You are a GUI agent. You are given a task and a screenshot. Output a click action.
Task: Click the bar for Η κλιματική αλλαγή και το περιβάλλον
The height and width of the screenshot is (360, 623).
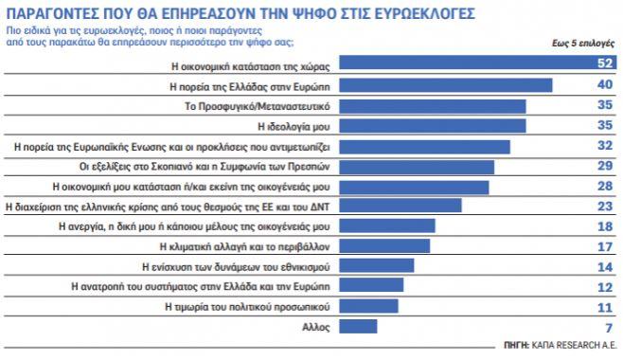(383, 246)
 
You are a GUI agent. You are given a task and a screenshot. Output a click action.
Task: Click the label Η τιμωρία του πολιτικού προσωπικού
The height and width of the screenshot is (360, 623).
(247, 307)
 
